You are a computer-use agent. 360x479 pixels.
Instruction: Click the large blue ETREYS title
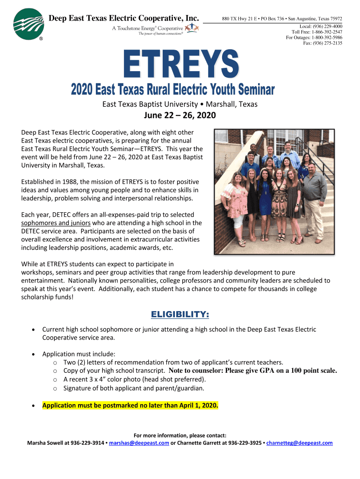pos(181,65)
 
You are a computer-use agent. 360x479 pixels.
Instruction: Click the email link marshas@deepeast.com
pos(138,443)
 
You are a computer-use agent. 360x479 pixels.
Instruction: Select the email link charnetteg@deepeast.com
pos(299,443)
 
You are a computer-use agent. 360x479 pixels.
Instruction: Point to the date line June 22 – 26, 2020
pos(180,116)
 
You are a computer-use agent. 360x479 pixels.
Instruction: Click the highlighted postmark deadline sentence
pos(130,405)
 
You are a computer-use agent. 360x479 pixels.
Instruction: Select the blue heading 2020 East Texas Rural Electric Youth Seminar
pos(173,89)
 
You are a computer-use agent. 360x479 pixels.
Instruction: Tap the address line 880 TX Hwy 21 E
pos(242,18)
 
